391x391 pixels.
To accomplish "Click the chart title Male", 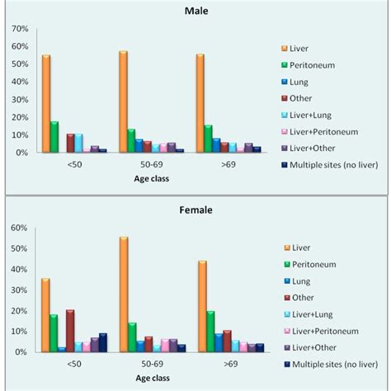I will click(195, 12).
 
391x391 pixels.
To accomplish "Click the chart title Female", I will click(195, 210).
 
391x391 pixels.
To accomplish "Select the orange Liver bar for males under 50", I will click(46, 104).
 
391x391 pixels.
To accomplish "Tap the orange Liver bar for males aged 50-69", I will click(123, 102).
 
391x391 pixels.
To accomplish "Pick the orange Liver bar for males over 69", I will click(200, 104).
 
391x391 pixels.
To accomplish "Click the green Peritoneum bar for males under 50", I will click(54, 137).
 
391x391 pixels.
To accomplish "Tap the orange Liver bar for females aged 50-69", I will click(123, 294).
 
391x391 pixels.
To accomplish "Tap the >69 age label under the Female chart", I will click(210, 363).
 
